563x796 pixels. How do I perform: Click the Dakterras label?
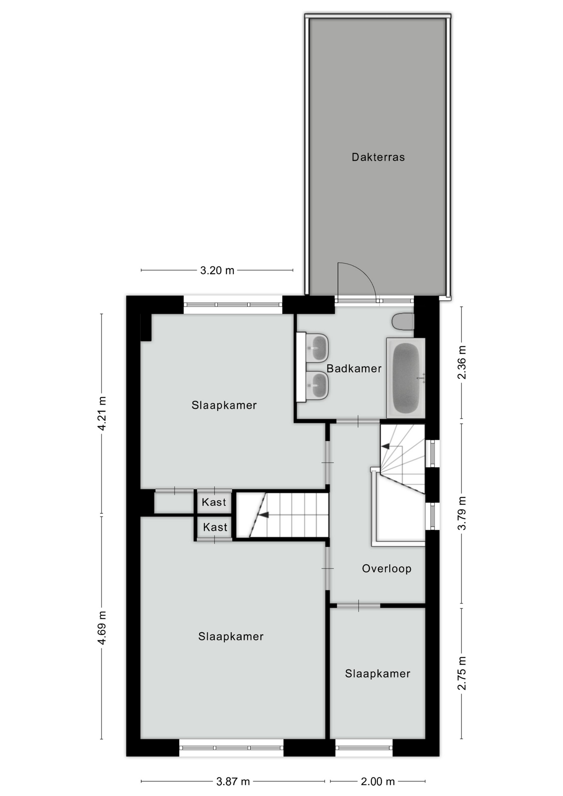(378, 157)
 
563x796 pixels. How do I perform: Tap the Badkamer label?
(354, 368)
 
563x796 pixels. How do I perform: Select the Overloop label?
(387, 568)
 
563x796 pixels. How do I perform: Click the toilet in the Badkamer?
(403, 322)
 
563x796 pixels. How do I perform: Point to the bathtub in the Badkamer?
(406, 378)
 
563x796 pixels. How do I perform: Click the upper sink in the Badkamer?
(318, 347)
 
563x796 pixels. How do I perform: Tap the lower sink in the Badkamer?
(318, 385)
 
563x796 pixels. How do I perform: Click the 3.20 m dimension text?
(217, 271)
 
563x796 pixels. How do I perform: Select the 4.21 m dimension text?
(102, 413)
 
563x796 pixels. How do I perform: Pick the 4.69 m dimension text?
(102, 628)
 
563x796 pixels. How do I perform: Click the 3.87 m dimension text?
(233, 781)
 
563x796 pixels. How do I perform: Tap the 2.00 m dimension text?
(378, 781)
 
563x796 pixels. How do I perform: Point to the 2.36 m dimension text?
(462, 362)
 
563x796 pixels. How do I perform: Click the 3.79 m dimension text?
(462, 513)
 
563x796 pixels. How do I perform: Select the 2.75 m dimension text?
(462, 673)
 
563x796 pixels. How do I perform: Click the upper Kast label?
(214, 502)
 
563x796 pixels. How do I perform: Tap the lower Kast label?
(215, 527)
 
